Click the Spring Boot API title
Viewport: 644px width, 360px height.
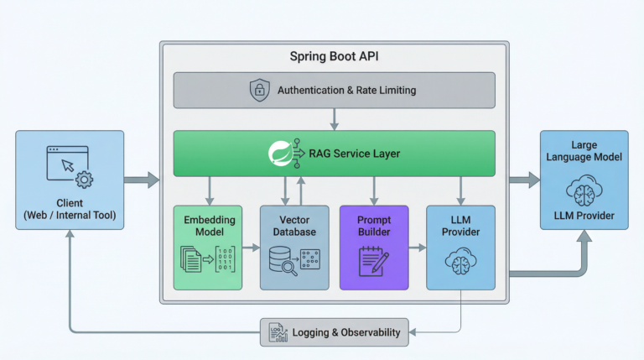pos(334,58)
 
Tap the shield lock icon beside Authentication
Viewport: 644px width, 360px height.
pos(260,90)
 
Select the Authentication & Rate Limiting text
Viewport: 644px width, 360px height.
pos(346,90)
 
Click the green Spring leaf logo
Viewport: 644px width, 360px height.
pos(279,153)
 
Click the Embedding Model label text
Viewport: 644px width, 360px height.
pos(207,226)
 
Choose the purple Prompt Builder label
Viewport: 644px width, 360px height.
pos(373,226)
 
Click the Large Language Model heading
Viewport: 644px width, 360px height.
pos(584,151)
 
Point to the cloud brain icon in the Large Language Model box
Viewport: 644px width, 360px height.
pos(584,190)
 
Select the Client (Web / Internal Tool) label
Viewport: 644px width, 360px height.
pos(70,209)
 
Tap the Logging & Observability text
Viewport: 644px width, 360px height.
pos(345,332)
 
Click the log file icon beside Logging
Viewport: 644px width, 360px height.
pos(276,332)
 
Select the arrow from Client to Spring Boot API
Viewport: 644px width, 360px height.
pos(141,179)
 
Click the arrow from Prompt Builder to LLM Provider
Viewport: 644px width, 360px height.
pos(417,248)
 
